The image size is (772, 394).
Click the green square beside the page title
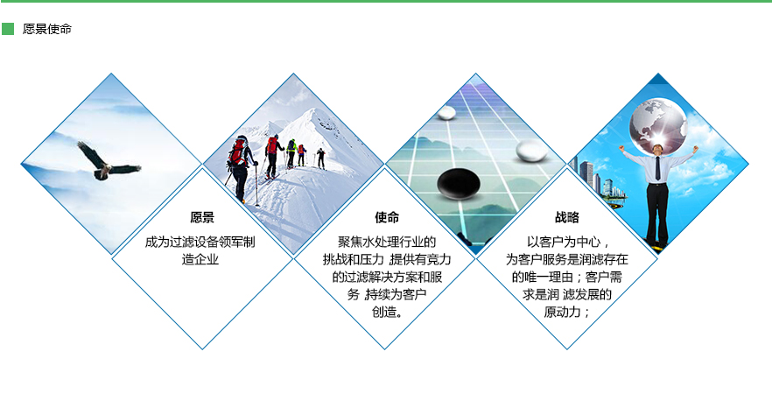[8, 29]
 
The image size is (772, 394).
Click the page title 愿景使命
[47, 29]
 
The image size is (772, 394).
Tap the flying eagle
[109, 161]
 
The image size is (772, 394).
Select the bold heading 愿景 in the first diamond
[202, 217]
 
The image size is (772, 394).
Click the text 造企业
[200, 259]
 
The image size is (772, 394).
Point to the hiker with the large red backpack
[241, 167]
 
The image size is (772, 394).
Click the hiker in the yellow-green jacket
[291, 152]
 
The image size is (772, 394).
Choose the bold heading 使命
[387, 217]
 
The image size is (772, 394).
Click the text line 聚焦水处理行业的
[387, 242]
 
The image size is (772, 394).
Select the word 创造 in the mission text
[384, 312]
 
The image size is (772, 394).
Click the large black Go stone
[459, 183]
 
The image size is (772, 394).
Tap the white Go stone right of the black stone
[532, 151]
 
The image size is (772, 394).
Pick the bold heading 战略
[567, 217]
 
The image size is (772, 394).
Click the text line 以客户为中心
[565, 242]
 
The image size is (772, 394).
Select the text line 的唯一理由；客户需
[567, 277]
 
